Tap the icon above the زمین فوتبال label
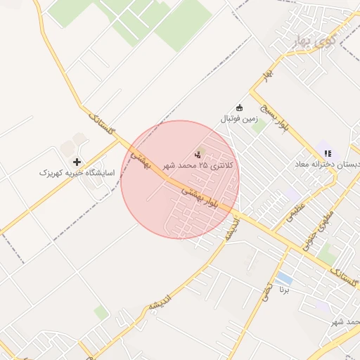[240, 108]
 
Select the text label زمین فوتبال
[240, 119]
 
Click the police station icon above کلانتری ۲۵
[197, 154]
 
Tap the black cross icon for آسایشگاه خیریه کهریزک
[77, 162]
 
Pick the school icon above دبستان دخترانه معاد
[326, 153]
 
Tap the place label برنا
[285, 290]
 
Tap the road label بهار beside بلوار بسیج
[266, 73]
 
